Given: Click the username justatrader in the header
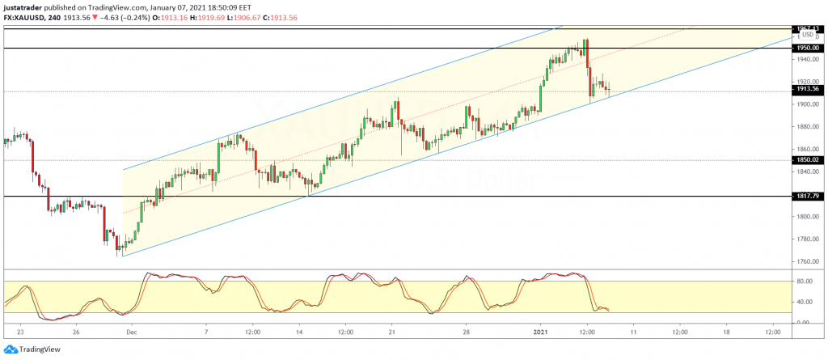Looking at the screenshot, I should [23, 6].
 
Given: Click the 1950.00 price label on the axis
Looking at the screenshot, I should [806, 49].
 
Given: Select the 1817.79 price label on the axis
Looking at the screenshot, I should [806, 197].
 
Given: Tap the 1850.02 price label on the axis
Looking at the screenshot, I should [806, 160].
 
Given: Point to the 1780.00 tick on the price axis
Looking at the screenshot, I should [805, 239].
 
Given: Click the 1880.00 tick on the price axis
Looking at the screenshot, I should [805, 127].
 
